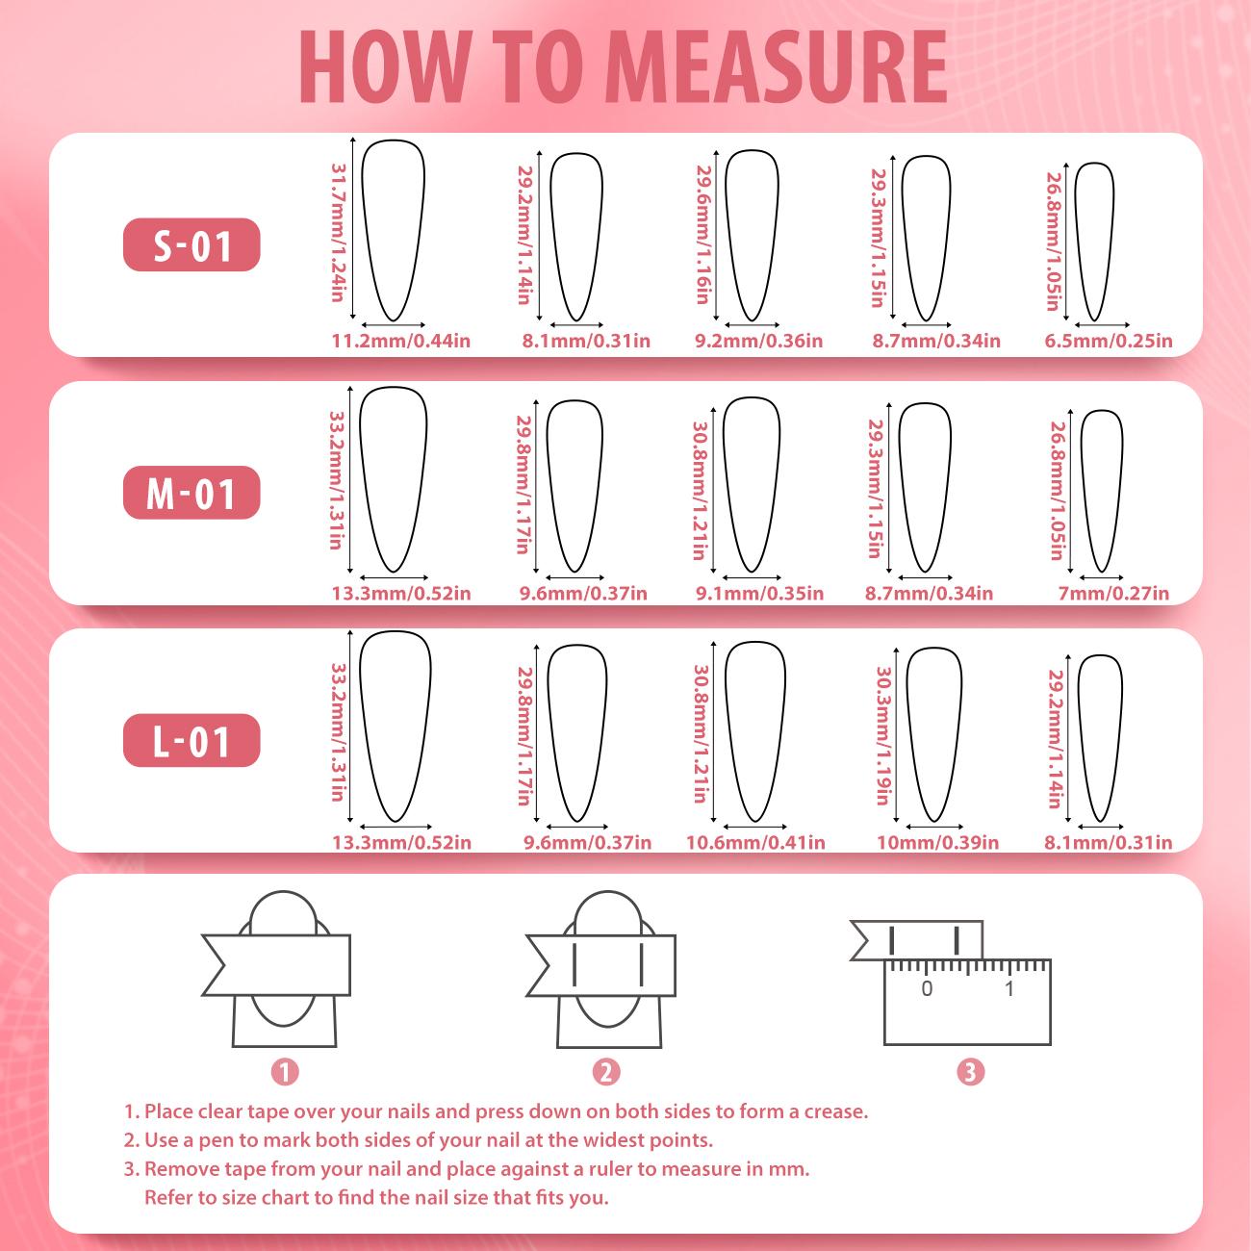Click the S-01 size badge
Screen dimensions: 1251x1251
191,244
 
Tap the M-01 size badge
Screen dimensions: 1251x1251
191,493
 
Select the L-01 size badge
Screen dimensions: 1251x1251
191,741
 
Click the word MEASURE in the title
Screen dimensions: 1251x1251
779,66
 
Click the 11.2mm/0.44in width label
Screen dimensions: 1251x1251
400,341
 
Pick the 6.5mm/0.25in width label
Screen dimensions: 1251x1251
1109,341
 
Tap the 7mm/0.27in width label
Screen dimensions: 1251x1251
1113,594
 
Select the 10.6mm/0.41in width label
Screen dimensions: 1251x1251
755,843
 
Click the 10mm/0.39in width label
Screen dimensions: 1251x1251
937,843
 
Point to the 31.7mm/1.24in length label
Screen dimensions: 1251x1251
338,232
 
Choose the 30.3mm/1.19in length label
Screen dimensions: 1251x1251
882,735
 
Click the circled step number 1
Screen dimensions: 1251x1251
284,1072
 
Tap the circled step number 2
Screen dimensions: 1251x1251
606,1072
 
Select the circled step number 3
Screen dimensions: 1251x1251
971,1072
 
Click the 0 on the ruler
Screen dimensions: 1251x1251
927,988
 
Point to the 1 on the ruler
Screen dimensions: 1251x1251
1009,988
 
